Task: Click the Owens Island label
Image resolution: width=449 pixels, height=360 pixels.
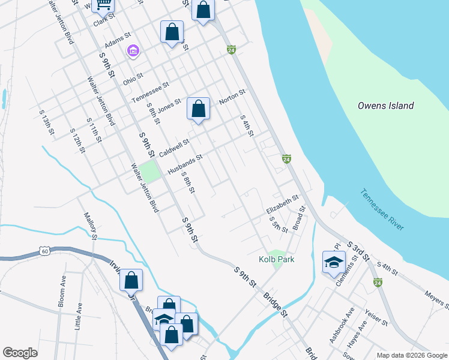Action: pos(385,106)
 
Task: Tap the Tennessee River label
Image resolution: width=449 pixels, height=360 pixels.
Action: pos(382,209)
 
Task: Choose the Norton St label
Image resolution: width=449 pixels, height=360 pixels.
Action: pos(232,97)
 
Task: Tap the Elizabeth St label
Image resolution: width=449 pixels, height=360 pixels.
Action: pos(282,204)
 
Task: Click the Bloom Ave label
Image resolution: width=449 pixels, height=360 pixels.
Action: pos(62,291)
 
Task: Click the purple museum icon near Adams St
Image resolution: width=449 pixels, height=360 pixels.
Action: pos(133,52)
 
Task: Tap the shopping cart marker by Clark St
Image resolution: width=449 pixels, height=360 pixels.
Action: pos(103,5)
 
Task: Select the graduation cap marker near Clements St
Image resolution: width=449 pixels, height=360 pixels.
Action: pos(334,262)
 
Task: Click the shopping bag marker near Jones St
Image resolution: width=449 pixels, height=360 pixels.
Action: pos(198,109)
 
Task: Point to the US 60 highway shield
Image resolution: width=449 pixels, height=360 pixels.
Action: pos(44,251)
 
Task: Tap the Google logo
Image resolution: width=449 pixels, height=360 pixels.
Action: pos(20,353)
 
